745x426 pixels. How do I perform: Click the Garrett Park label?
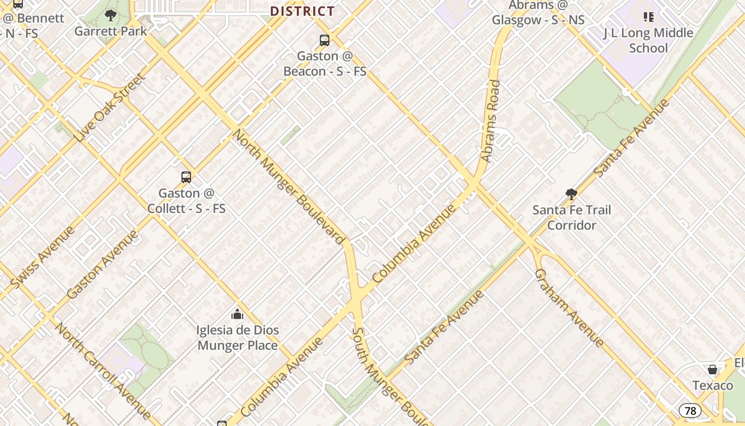tap(111, 31)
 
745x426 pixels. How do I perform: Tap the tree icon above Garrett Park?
tap(111, 15)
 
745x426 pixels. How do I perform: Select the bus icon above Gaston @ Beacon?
tap(324, 40)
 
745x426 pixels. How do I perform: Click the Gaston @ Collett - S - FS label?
tap(186, 201)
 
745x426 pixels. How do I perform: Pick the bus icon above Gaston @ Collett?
tap(186, 177)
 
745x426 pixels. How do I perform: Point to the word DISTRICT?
tap(302, 11)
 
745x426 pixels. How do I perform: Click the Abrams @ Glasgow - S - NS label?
tap(538, 13)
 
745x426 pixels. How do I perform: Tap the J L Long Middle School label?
tap(648, 40)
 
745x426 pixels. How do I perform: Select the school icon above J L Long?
tap(648, 17)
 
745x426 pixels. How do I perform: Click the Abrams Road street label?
tap(491, 121)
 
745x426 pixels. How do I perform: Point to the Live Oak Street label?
tap(110, 108)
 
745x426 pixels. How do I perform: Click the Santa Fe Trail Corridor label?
tap(572, 217)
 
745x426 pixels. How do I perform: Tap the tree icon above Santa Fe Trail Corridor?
tap(572, 194)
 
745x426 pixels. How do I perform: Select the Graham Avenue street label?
tap(569, 308)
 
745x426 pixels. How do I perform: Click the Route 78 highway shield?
tap(690, 411)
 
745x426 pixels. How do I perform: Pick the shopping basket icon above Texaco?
tap(713, 369)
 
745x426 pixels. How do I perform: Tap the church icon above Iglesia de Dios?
tap(237, 314)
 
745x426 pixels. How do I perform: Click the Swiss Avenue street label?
tap(43, 258)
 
